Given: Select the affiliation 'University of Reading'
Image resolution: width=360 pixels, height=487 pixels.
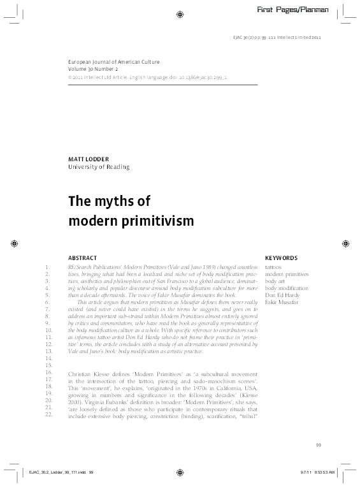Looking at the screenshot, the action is (x=99, y=167).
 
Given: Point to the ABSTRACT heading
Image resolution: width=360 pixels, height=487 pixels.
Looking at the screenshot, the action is (x=82, y=258).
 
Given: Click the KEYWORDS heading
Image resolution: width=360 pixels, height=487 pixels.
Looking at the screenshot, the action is (x=281, y=258).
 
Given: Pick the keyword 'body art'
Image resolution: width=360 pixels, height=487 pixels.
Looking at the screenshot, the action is (x=275, y=280).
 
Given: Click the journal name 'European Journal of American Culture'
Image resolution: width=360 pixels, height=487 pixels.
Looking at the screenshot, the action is (x=113, y=62).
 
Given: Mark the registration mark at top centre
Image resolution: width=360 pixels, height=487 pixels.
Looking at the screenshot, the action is (x=180, y=13).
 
